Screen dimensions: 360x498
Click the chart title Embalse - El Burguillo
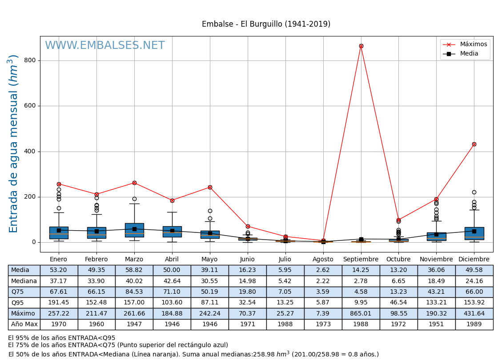pyautogui.click(x=266, y=24)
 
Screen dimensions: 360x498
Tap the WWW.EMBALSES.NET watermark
pyautogui.click(x=105, y=46)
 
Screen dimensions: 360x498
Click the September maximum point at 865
pyautogui.click(x=361, y=46)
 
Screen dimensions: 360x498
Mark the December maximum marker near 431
pyautogui.click(x=474, y=144)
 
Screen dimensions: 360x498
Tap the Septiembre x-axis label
pyautogui.click(x=361, y=260)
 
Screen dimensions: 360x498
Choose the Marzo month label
pyautogui.click(x=134, y=260)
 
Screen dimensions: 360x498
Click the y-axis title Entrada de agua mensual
pyautogui.click(x=14, y=144)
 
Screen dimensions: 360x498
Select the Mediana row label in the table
pyautogui.click(x=24, y=281)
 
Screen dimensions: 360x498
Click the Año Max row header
pyautogui.click(x=24, y=324)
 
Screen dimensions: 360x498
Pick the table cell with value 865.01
pyautogui.click(x=361, y=313)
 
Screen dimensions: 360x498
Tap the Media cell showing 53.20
pyautogui.click(x=59, y=270)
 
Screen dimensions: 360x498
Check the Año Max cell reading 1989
pyautogui.click(x=474, y=324)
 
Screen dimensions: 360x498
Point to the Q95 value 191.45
pyautogui.click(x=59, y=303)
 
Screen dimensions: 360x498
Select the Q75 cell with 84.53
pyautogui.click(x=134, y=292)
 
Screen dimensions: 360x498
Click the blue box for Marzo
pyautogui.click(x=134, y=230)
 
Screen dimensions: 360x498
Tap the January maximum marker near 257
pyautogui.click(x=59, y=184)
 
